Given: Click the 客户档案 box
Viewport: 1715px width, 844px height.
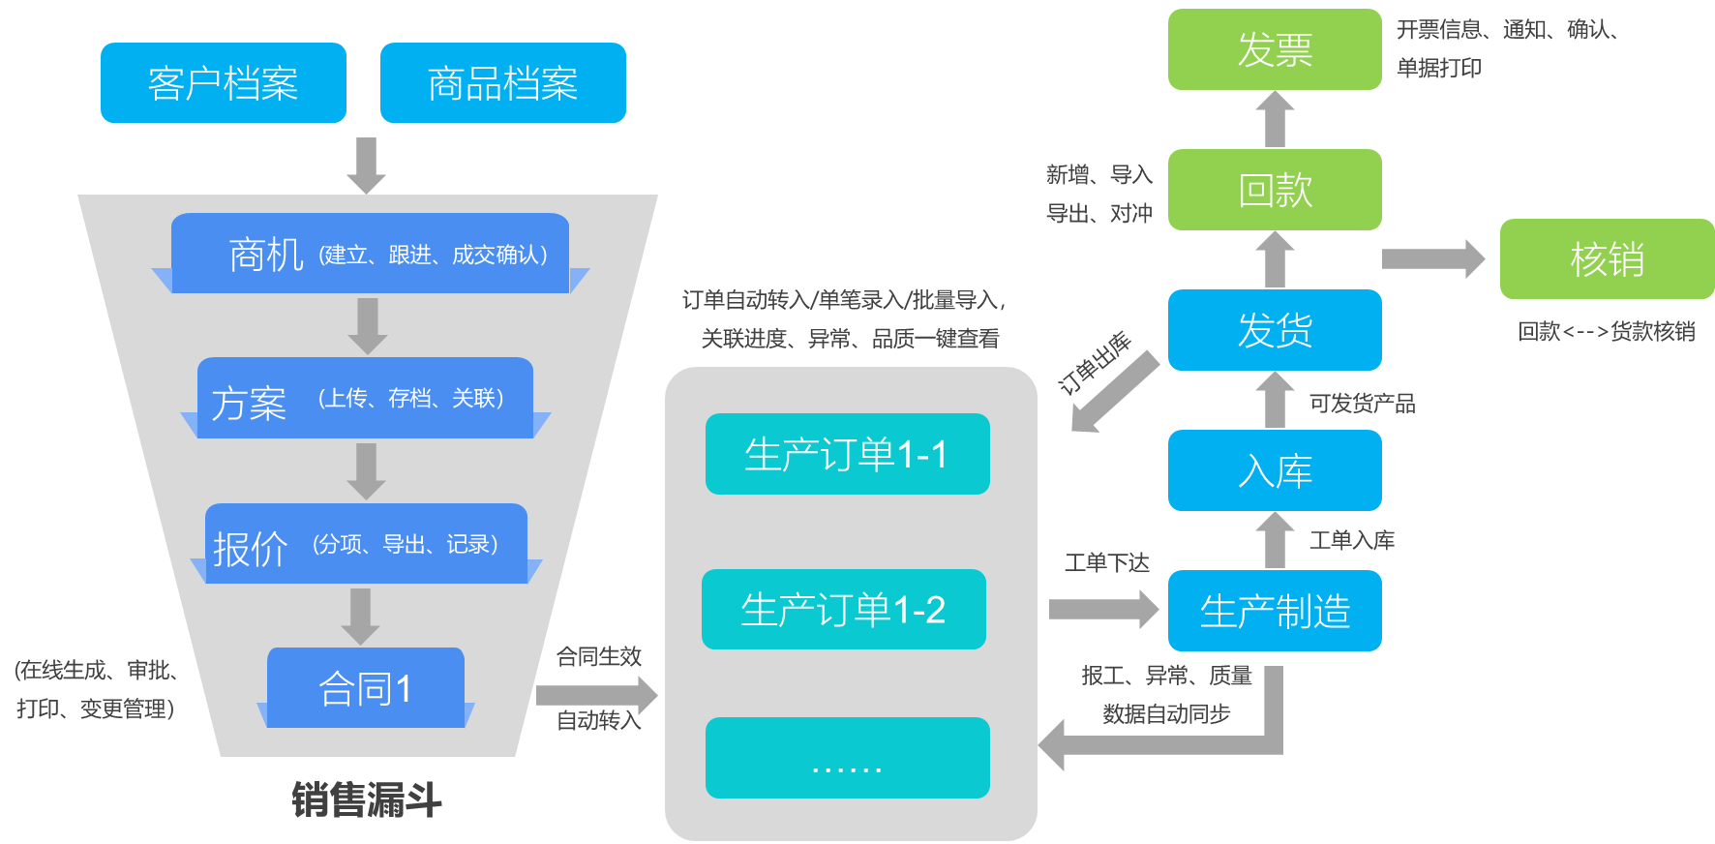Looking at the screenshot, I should click(224, 83).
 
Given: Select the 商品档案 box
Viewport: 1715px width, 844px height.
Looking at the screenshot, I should click(503, 83).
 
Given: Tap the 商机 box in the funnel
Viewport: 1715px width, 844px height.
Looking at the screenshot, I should click(370, 254).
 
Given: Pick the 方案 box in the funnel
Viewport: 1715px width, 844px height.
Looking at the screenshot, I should click(365, 399).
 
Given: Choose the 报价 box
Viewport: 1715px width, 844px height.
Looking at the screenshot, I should click(366, 544).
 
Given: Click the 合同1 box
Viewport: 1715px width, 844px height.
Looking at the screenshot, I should click(366, 688).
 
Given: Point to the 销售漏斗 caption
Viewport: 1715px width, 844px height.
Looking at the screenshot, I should click(367, 800).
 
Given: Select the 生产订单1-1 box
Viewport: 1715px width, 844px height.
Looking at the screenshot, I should click(848, 455).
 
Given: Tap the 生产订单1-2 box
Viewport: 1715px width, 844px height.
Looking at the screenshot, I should click(844, 610).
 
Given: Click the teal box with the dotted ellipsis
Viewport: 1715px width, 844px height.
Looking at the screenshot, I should click(848, 759).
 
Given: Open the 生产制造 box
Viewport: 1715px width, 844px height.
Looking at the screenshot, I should click(1275, 612).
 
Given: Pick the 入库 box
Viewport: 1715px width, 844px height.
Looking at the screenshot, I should click(1275, 471).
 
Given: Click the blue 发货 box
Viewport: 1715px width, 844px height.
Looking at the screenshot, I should click(1275, 330).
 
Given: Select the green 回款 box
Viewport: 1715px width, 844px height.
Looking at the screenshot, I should click(1275, 190).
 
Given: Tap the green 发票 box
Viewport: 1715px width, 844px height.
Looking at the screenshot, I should click(1275, 49).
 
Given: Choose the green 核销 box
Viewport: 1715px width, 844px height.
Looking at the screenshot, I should click(1607, 259).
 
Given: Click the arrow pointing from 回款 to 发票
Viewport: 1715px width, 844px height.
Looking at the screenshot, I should click(1276, 119).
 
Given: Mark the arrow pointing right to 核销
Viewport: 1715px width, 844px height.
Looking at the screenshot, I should click(1433, 258).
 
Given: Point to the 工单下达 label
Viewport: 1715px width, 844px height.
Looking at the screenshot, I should click(1107, 563).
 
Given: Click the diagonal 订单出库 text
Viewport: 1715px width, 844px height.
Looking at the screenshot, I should click(1095, 363).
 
